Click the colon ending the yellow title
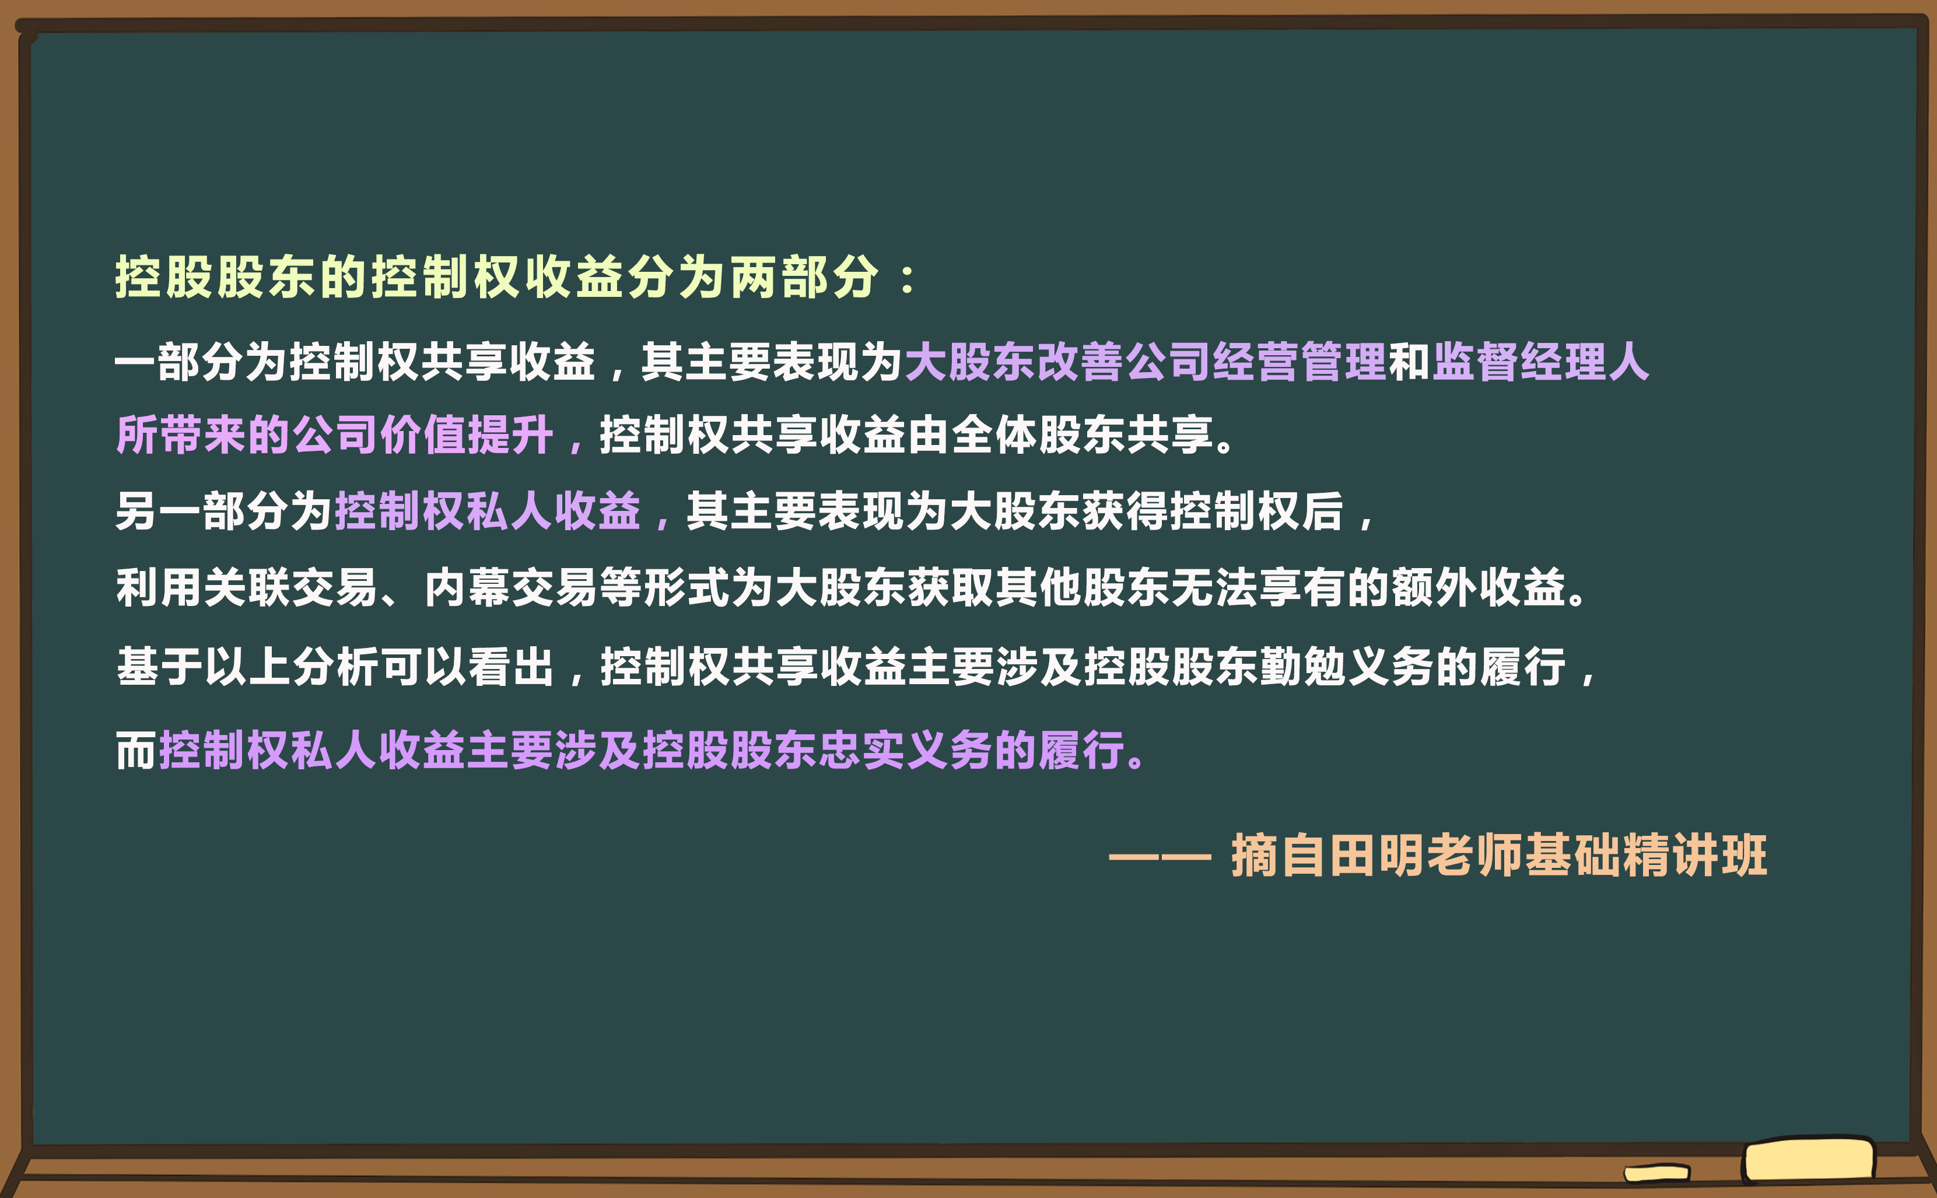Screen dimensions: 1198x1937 coord(907,279)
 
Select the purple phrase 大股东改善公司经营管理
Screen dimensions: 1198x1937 coord(1145,362)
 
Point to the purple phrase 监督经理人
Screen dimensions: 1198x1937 coord(1541,362)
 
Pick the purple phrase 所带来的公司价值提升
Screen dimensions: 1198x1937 coord(334,435)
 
